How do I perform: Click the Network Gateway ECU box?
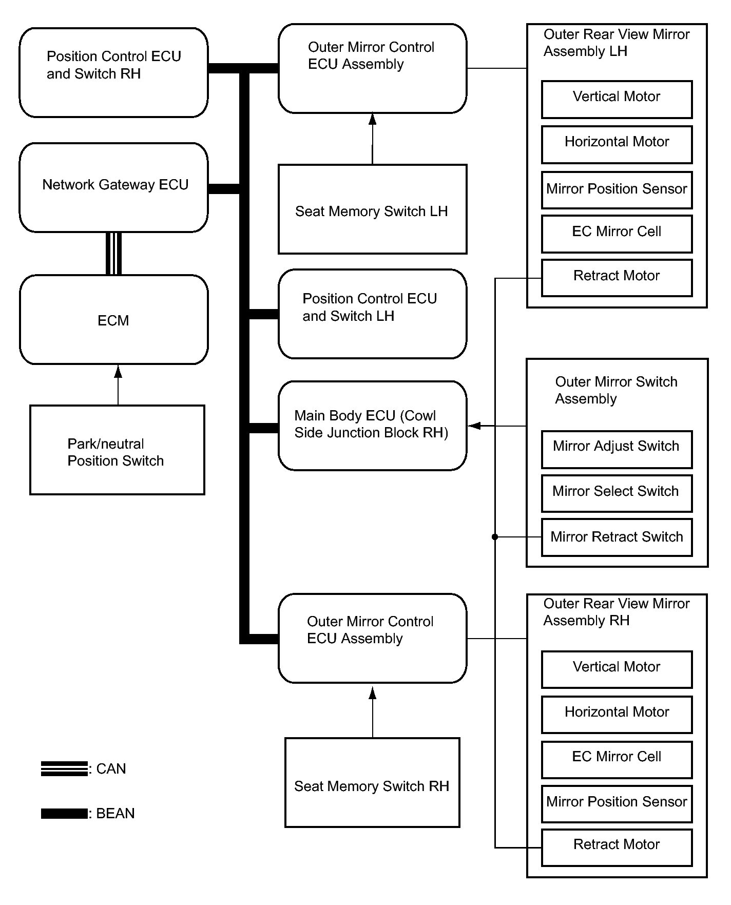point(113,187)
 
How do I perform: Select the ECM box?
point(113,319)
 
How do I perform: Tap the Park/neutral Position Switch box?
point(117,450)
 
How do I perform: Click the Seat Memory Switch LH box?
point(372,209)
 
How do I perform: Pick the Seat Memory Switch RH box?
point(372,782)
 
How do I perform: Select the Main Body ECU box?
point(372,426)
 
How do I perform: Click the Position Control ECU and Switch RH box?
point(113,72)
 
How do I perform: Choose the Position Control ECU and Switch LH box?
point(372,314)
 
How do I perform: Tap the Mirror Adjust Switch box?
point(617,449)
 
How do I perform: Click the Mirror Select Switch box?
point(617,493)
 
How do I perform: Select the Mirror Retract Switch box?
point(617,537)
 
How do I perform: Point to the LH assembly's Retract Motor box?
point(617,278)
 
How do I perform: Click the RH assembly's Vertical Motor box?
point(617,669)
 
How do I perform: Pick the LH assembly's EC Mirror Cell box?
point(617,234)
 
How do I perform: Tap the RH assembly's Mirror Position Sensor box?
point(617,804)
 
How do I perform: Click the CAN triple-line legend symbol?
point(64,768)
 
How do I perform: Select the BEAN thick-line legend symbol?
point(64,813)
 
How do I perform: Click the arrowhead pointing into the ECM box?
point(118,371)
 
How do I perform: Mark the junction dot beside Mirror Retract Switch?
point(495,537)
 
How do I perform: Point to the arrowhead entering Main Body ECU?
point(474,426)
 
